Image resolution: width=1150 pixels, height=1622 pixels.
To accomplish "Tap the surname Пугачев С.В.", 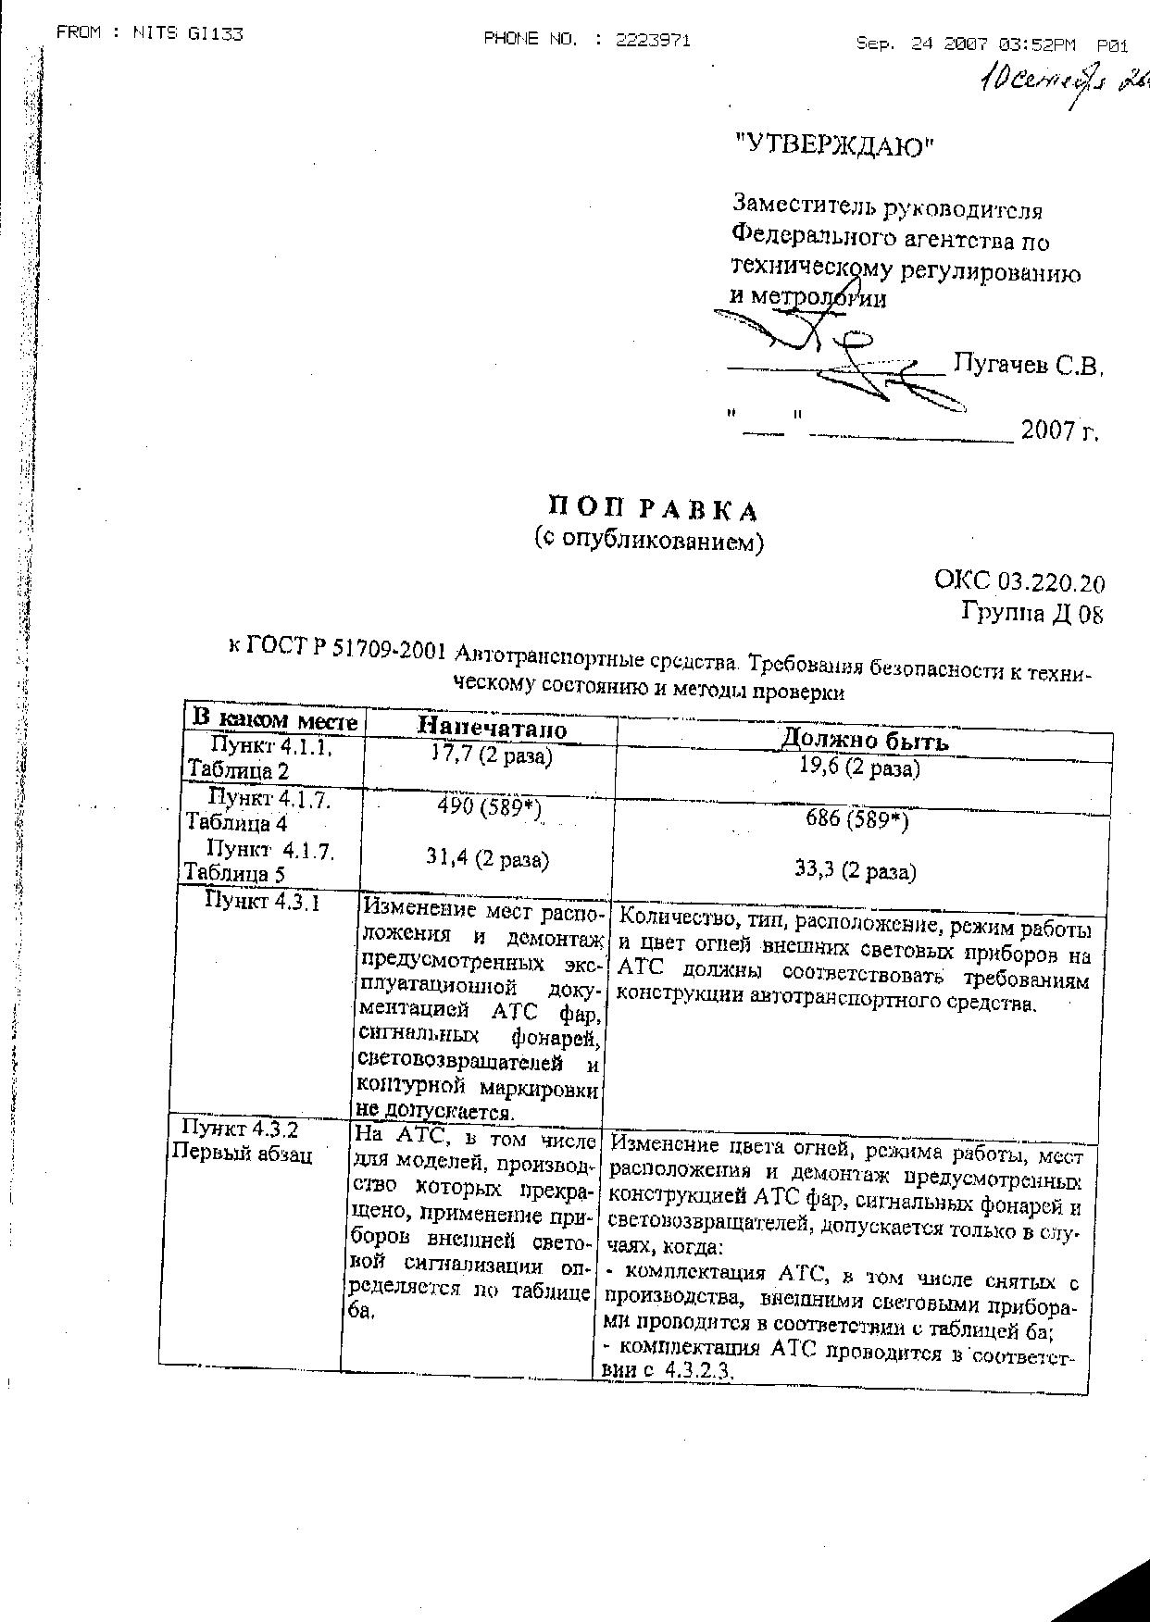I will click(1028, 366).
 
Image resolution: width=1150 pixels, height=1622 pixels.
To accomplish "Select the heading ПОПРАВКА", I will click(653, 509).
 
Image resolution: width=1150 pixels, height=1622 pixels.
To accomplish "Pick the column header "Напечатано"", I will click(492, 729).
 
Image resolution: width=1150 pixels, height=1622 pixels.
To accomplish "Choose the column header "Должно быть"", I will click(864, 741).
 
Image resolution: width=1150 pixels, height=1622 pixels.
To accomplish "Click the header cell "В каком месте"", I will click(274, 719).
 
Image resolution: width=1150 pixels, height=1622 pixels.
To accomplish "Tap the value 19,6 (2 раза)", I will click(859, 768).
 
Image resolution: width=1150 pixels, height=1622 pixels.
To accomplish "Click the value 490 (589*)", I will click(489, 807).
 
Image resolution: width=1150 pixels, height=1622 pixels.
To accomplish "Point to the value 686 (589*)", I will click(858, 818).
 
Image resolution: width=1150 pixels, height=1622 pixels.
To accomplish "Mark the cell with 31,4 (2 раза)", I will click(487, 859).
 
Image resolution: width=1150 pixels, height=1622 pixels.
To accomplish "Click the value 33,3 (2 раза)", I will click(856, 871).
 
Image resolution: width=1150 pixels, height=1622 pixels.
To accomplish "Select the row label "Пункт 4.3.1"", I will click(262, 902).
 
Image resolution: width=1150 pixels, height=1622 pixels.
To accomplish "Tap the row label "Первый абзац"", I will click(242, 1154).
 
